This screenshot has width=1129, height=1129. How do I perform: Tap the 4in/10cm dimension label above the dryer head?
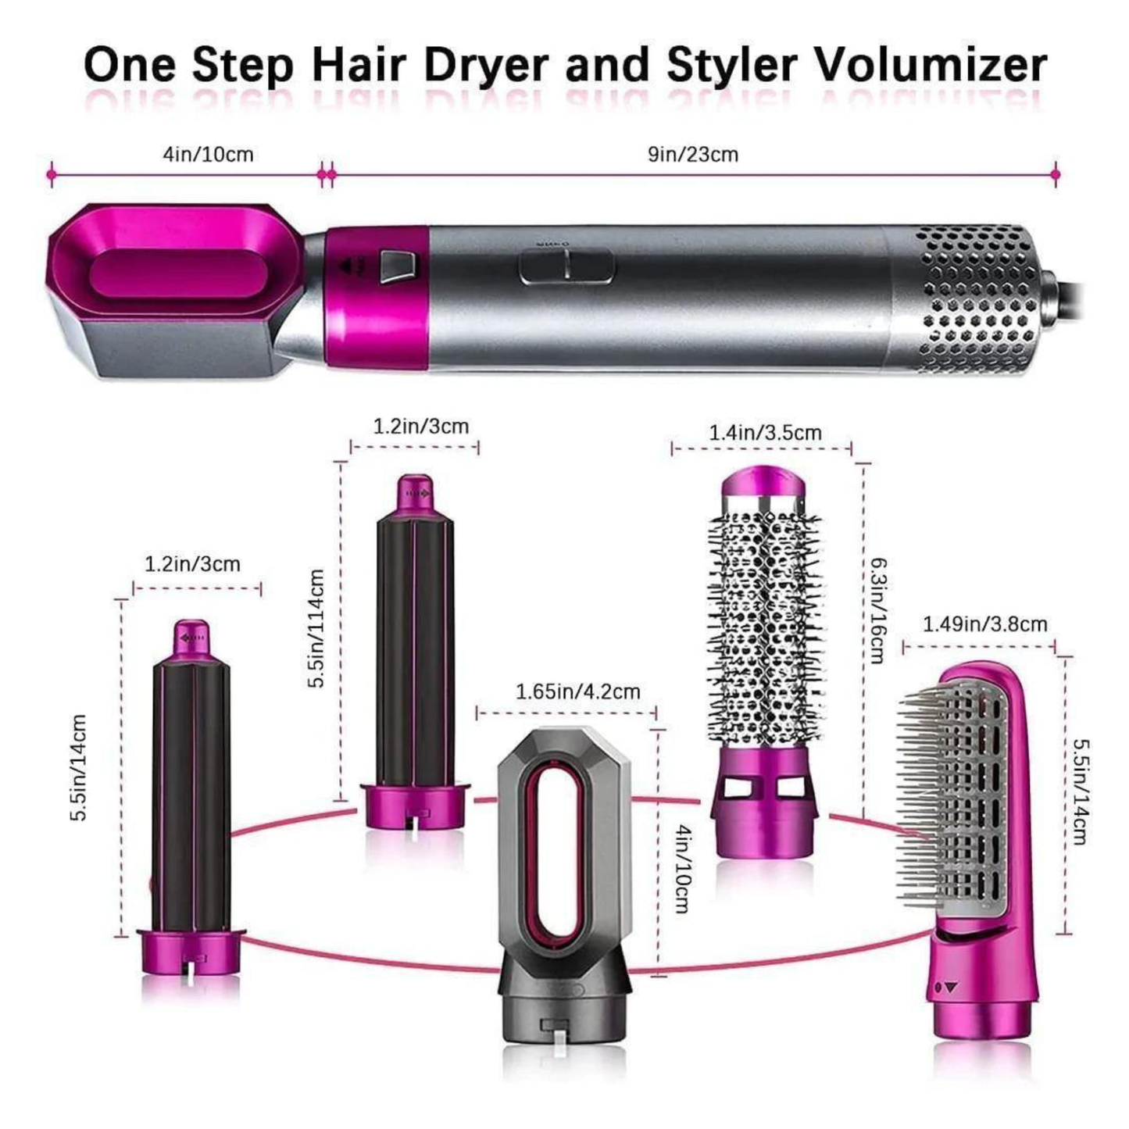(208, 154)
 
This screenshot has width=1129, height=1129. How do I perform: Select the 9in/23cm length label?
(692, 154)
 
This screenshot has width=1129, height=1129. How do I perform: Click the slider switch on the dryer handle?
(566, 266)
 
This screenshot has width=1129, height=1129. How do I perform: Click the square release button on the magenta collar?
(395, 267)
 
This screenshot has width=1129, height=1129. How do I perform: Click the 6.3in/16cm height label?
(877, 609)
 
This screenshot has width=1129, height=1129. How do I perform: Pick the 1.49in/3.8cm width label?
(984, 624)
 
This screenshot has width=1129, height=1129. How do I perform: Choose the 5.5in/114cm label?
(316, 628)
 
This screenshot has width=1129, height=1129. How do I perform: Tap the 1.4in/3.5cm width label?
(765, 432)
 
